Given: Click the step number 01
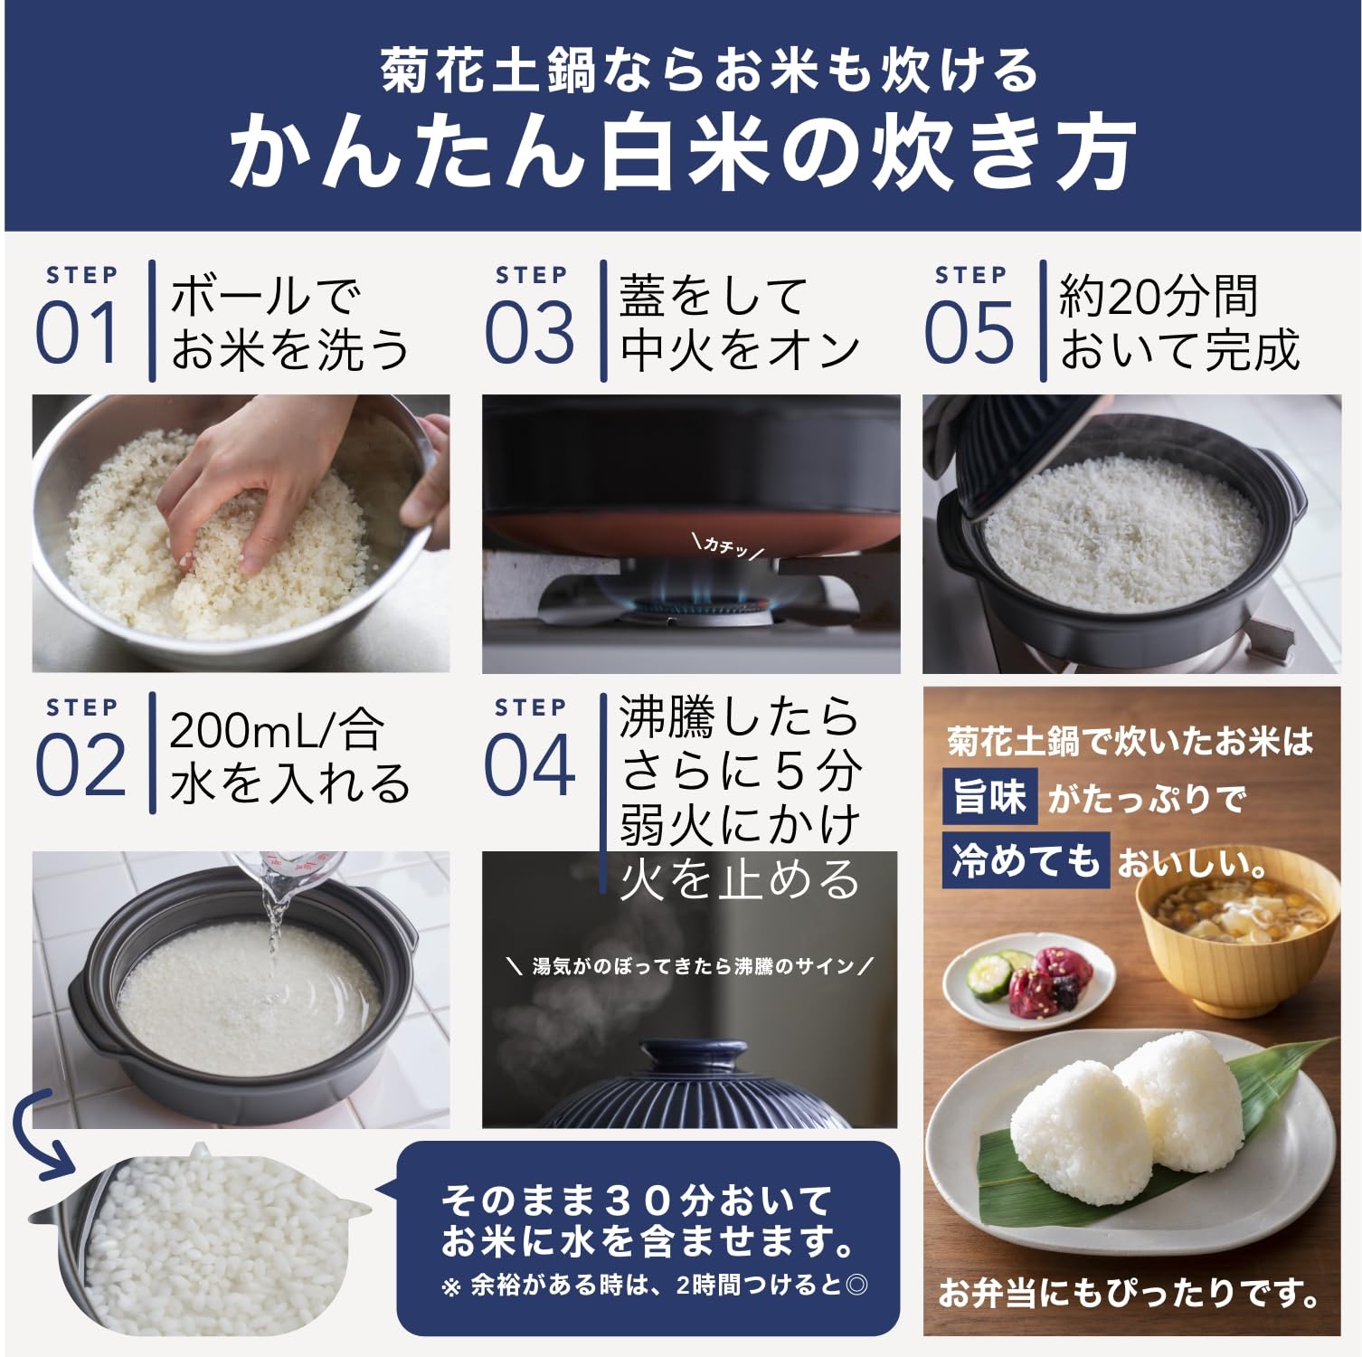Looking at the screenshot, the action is click(x=77, y=333).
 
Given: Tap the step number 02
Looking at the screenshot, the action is click(x=80, y=765).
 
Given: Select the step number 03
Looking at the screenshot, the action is click(x=530, y=333).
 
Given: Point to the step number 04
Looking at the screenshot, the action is click(x=530, y=765).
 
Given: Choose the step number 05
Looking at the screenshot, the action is click(x=969, y=333).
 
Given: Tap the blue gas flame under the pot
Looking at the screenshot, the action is click(x=692, y=593).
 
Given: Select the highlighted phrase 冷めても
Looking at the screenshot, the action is click(x=1025, y=858).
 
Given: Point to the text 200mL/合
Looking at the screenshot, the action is click(x=276, y=730).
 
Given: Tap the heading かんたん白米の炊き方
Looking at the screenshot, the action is click(x=682, y=152).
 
